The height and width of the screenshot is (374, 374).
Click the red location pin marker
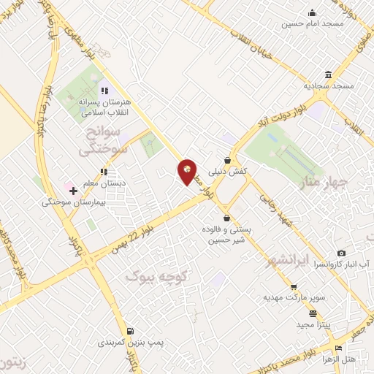(x=187, y=172)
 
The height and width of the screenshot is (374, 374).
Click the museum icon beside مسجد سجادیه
(x=329, y=75)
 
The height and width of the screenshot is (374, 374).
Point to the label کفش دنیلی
(x=228, y=172)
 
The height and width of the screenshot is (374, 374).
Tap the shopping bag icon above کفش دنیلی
(x=228, y=161)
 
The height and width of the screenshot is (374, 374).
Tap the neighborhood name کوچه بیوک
(x=158, y=277)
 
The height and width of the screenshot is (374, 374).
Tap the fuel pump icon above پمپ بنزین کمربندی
(x=131, y=331)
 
